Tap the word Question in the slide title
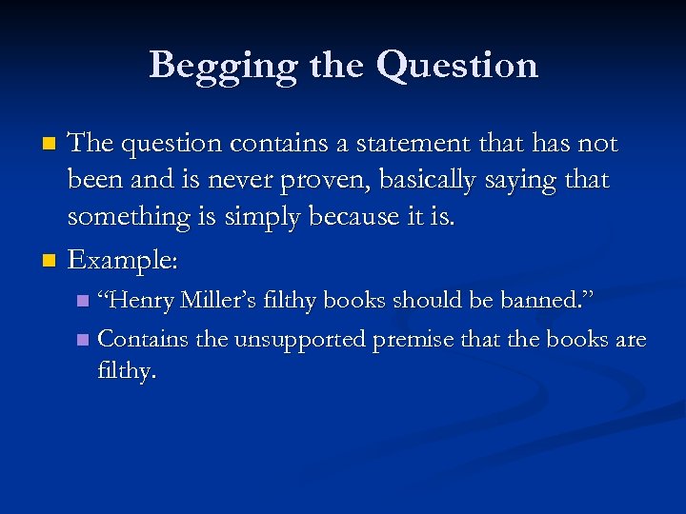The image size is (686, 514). point(457,66)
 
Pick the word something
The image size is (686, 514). point(129,217)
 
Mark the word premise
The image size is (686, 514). point(414,339)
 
